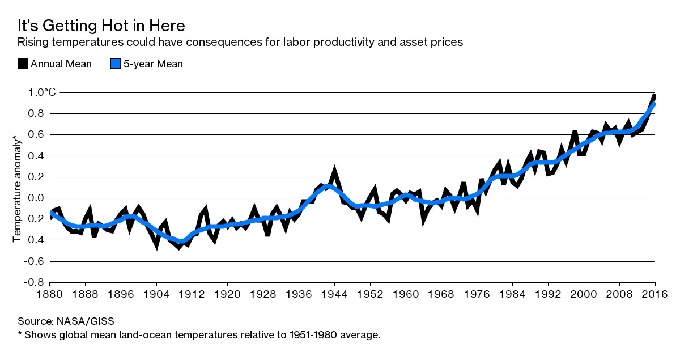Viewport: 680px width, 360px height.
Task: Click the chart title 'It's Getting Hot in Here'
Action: click(x=101, y=26)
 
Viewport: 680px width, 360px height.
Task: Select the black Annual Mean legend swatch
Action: click(x=23, y=64)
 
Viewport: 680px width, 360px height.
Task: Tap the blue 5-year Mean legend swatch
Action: click(x=116, y=64)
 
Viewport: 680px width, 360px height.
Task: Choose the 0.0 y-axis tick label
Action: click(x=33, y=198)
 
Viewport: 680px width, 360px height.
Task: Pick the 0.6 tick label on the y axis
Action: click(x=33, y=134)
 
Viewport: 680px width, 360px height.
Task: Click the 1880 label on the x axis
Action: click(x=50, y=294)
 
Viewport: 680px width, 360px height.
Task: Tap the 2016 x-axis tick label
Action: click(x=655, y=294)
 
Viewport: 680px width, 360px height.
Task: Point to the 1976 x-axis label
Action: click(x=477, y=294)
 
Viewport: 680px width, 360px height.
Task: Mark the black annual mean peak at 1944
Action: click(x=335, y=170)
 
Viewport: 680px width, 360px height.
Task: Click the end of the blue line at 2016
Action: click(x=654, y=104)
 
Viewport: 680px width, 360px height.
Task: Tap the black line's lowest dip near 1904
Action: click(x=156, y=247)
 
